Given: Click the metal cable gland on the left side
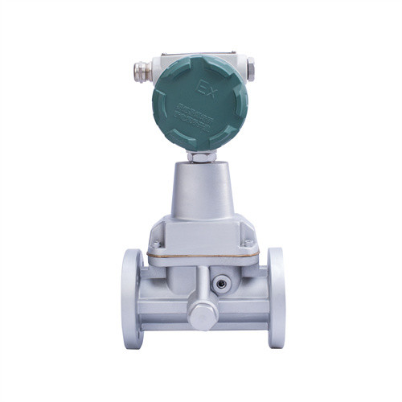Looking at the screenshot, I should pyautogui.click(x=142, y=70).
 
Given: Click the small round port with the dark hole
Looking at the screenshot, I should pyautogui.click(x=219, y=282).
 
